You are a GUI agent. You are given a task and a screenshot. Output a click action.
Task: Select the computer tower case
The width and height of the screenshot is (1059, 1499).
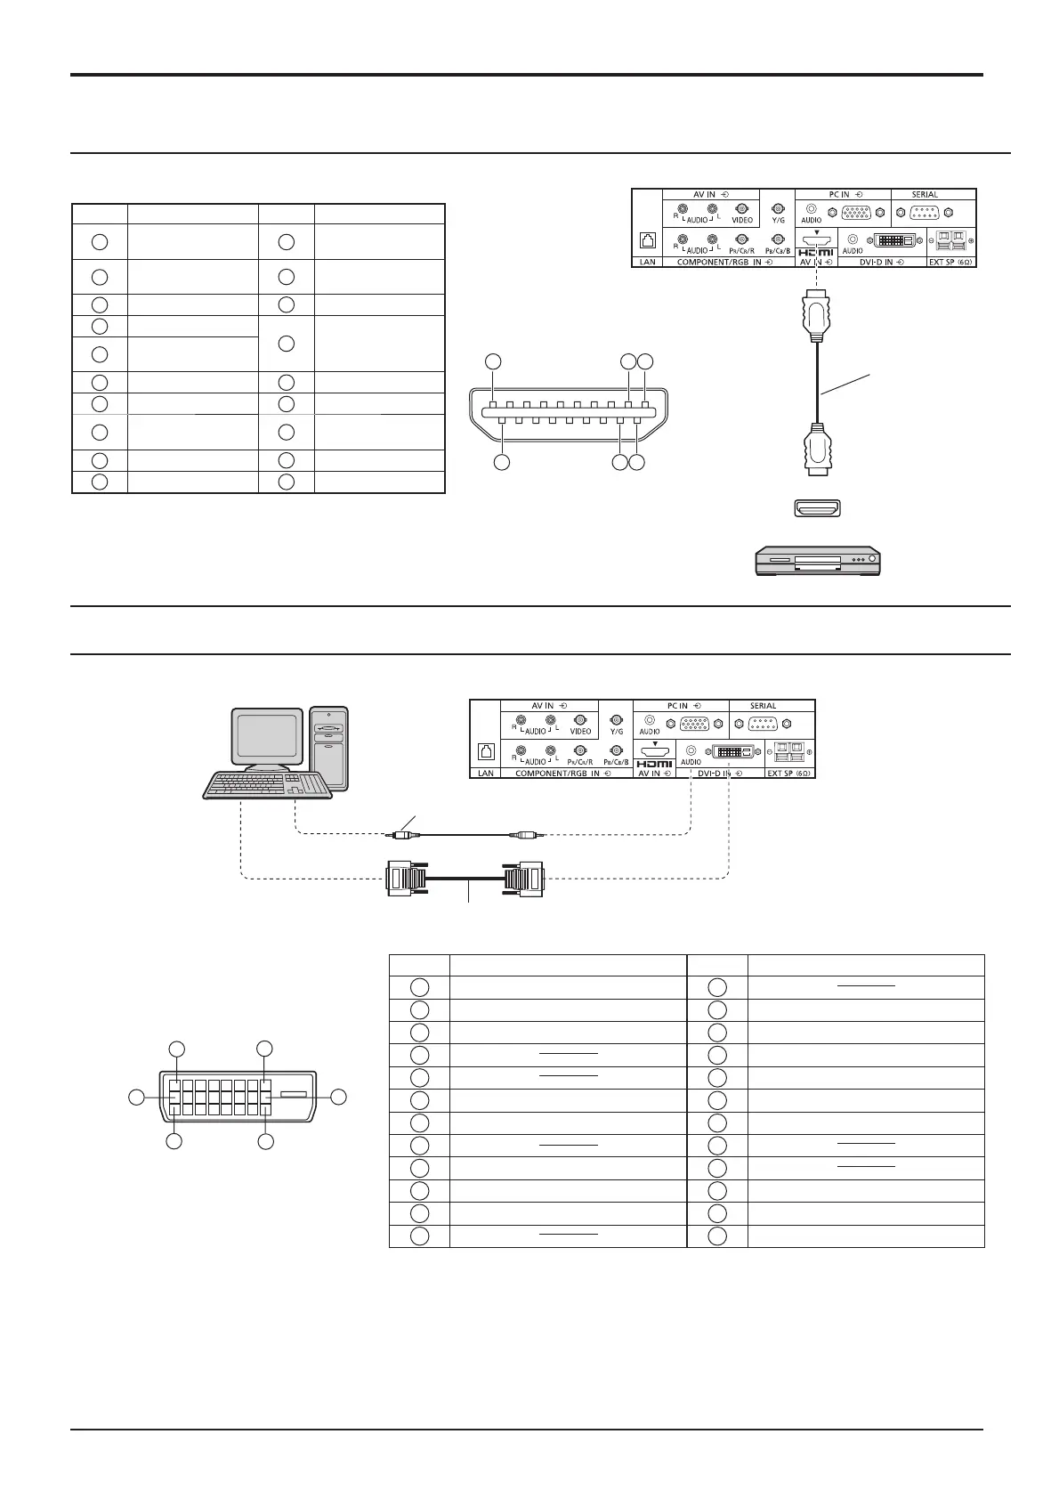(x=329, y=748)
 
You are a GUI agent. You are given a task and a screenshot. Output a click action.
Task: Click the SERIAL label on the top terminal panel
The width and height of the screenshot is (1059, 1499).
(x=924, y=194)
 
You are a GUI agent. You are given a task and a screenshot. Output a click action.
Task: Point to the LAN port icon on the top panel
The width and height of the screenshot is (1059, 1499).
(x=647, y=240)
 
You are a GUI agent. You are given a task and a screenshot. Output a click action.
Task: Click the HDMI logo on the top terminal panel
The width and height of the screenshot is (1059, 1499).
(x=816, y=253)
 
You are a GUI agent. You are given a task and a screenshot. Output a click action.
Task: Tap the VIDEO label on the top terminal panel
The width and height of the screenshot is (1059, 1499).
(x=742, y=220)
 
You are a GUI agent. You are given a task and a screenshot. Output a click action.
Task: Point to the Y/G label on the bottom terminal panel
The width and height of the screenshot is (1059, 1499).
(x=616, y=731)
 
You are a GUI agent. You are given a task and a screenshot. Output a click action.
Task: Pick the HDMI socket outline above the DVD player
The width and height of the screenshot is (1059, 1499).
(x=817, y=509)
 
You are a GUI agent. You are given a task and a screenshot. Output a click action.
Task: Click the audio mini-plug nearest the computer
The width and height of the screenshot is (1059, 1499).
(x=401, y=835)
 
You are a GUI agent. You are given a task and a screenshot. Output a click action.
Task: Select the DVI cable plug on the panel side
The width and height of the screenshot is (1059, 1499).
(x=522, y=879)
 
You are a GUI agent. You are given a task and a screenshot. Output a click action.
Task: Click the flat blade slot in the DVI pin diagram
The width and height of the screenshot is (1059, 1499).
(x=294, y=1094)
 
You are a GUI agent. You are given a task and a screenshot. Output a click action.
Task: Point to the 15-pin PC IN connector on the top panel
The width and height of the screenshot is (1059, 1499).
(x=856, y=214)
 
